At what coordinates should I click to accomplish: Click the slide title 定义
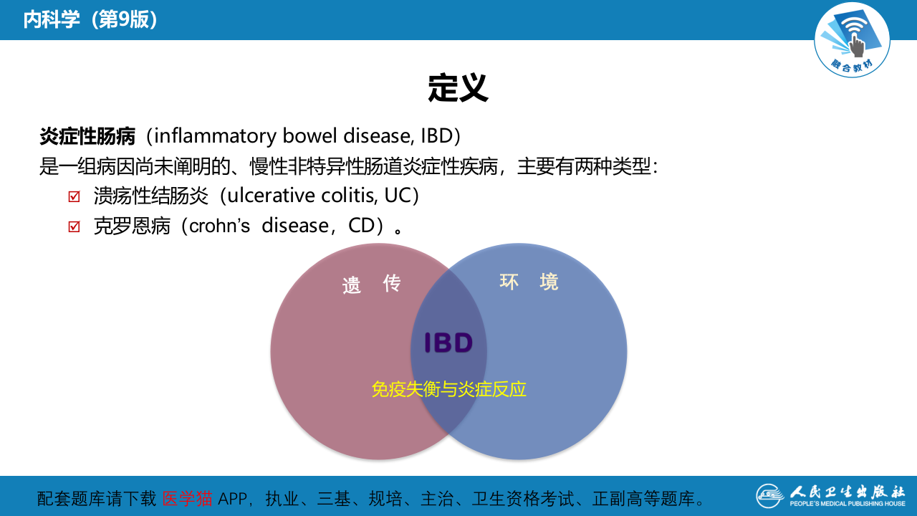(x=458, y=88)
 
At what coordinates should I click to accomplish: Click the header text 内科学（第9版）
(x=90, y=20)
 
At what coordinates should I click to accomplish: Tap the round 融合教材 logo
(x=852, y=39)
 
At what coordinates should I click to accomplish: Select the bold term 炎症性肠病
(x=87, y=135)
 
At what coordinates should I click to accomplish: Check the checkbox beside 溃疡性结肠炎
(x=74, y=196)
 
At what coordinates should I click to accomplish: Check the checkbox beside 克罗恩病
(x=74, y=226)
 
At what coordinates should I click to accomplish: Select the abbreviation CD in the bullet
(x=362, y=226)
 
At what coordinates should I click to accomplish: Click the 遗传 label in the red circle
(x=371, y=284)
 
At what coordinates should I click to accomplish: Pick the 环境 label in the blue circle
(x=529, y=282)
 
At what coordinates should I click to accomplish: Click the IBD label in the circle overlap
(x=448, y=343)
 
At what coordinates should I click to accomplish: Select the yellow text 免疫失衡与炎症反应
(x=448, y=389)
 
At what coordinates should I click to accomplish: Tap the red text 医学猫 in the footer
(x=187, y=498)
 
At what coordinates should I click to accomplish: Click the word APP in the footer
(x=234, y=498)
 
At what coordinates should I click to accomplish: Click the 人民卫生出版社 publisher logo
(x=830, y=495)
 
